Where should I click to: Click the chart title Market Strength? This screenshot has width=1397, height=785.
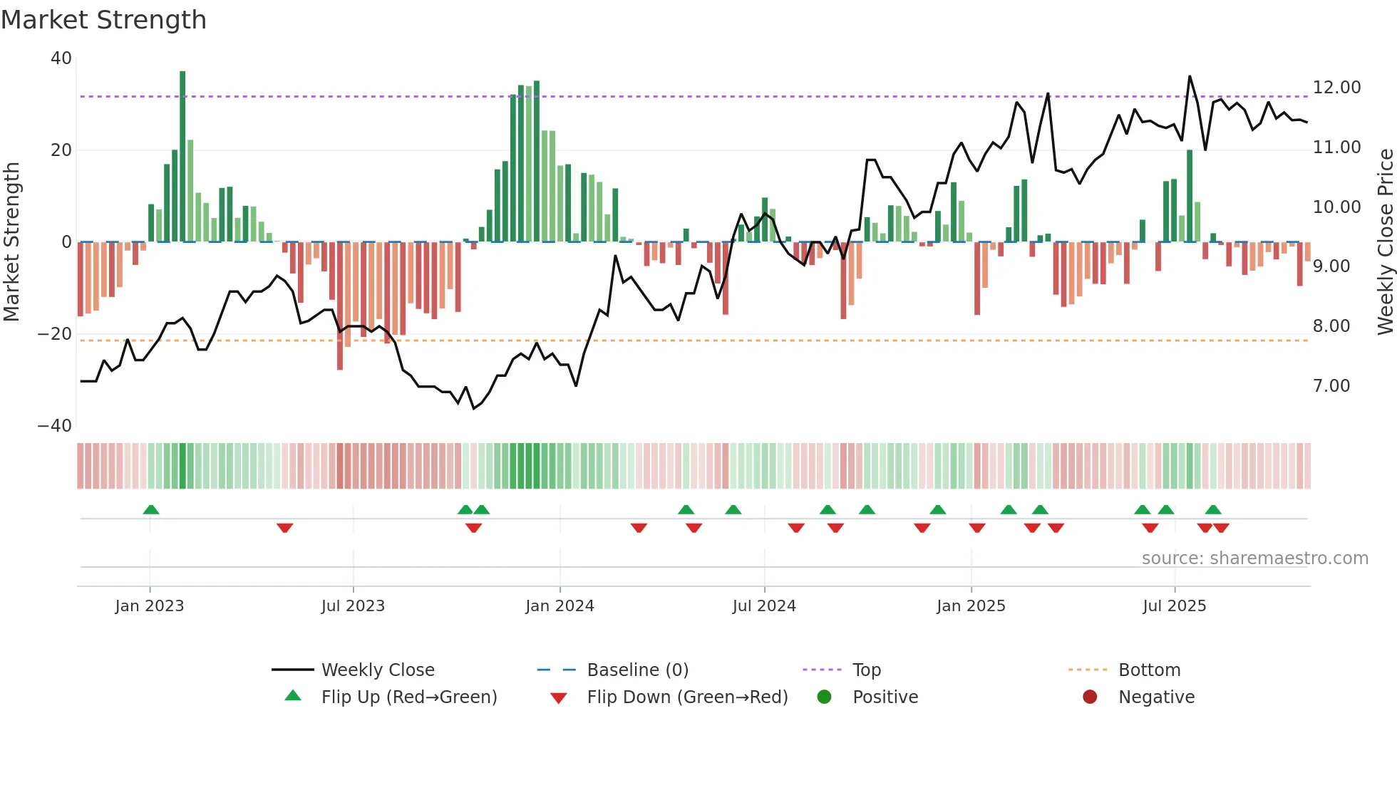(103, 20)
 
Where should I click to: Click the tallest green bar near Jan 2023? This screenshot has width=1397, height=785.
(182, 157)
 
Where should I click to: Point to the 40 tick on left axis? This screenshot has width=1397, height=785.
(61, 58)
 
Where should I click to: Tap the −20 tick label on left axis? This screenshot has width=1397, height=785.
(55, 334)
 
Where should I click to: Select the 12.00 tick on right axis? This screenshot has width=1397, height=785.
(1336, 88)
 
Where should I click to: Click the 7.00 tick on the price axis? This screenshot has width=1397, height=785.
(1331, 386)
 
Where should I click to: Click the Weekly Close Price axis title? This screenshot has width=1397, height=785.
(1385, 242)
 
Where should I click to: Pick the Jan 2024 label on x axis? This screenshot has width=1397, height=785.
(560, 606)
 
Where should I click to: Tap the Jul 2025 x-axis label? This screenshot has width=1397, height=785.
(1174, 606)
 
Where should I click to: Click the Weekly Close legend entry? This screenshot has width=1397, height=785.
(377, 670)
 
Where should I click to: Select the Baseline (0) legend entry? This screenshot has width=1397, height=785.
(637, 670)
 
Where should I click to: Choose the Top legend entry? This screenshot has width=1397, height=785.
(866, 670)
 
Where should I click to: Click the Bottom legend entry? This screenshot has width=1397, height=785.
(1149, 670)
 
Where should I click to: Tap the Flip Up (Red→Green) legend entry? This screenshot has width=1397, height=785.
(408, 697)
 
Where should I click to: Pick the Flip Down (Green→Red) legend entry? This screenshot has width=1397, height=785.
(687, 697)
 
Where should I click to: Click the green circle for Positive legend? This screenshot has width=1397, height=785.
(825, 697)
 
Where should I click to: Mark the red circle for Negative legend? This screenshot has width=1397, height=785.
(1090, 697)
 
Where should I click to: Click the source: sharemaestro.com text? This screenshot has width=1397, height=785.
(1254, 558)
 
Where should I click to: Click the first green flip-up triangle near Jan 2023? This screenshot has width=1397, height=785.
(150, 509)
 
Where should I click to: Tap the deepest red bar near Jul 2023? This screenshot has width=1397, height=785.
(340, 306)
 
